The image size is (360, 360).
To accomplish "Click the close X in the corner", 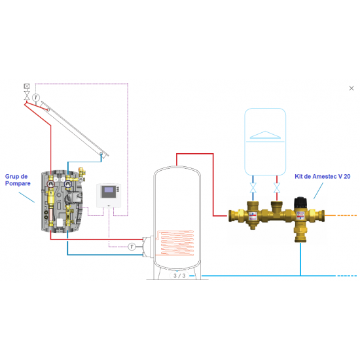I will [352, 86].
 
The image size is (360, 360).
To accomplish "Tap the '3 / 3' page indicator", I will [179, 276].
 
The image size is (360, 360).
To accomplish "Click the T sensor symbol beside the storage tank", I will [132, 247].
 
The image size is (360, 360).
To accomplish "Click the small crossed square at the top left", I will [26, 86].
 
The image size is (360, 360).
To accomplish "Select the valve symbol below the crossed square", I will [26, 96].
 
